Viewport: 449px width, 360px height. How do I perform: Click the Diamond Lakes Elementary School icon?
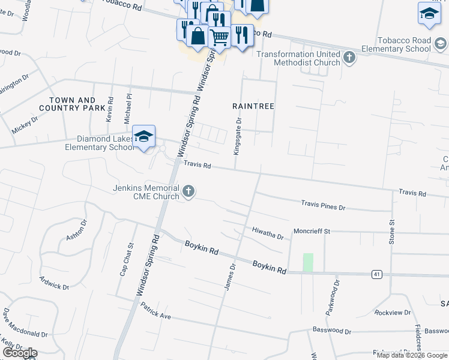click(144, 137)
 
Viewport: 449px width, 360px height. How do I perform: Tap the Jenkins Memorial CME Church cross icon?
click(188, 191)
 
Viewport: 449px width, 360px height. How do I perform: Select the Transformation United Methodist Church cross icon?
click(349, 58)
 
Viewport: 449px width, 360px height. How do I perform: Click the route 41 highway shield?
click(376, 274)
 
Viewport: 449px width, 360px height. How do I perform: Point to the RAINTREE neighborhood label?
click(253, 106)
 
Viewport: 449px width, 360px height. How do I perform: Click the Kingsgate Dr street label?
click(238, 136)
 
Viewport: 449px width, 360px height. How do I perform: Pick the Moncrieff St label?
click(312, 231)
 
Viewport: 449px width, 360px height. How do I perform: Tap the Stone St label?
click(392, 231)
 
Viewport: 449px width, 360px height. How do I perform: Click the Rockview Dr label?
click(392, 313)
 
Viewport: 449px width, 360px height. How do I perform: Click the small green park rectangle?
click(308, 262)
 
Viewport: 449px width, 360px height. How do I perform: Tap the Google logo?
click(19, 353)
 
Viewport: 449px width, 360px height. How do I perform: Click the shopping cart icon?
click(218, 37)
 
